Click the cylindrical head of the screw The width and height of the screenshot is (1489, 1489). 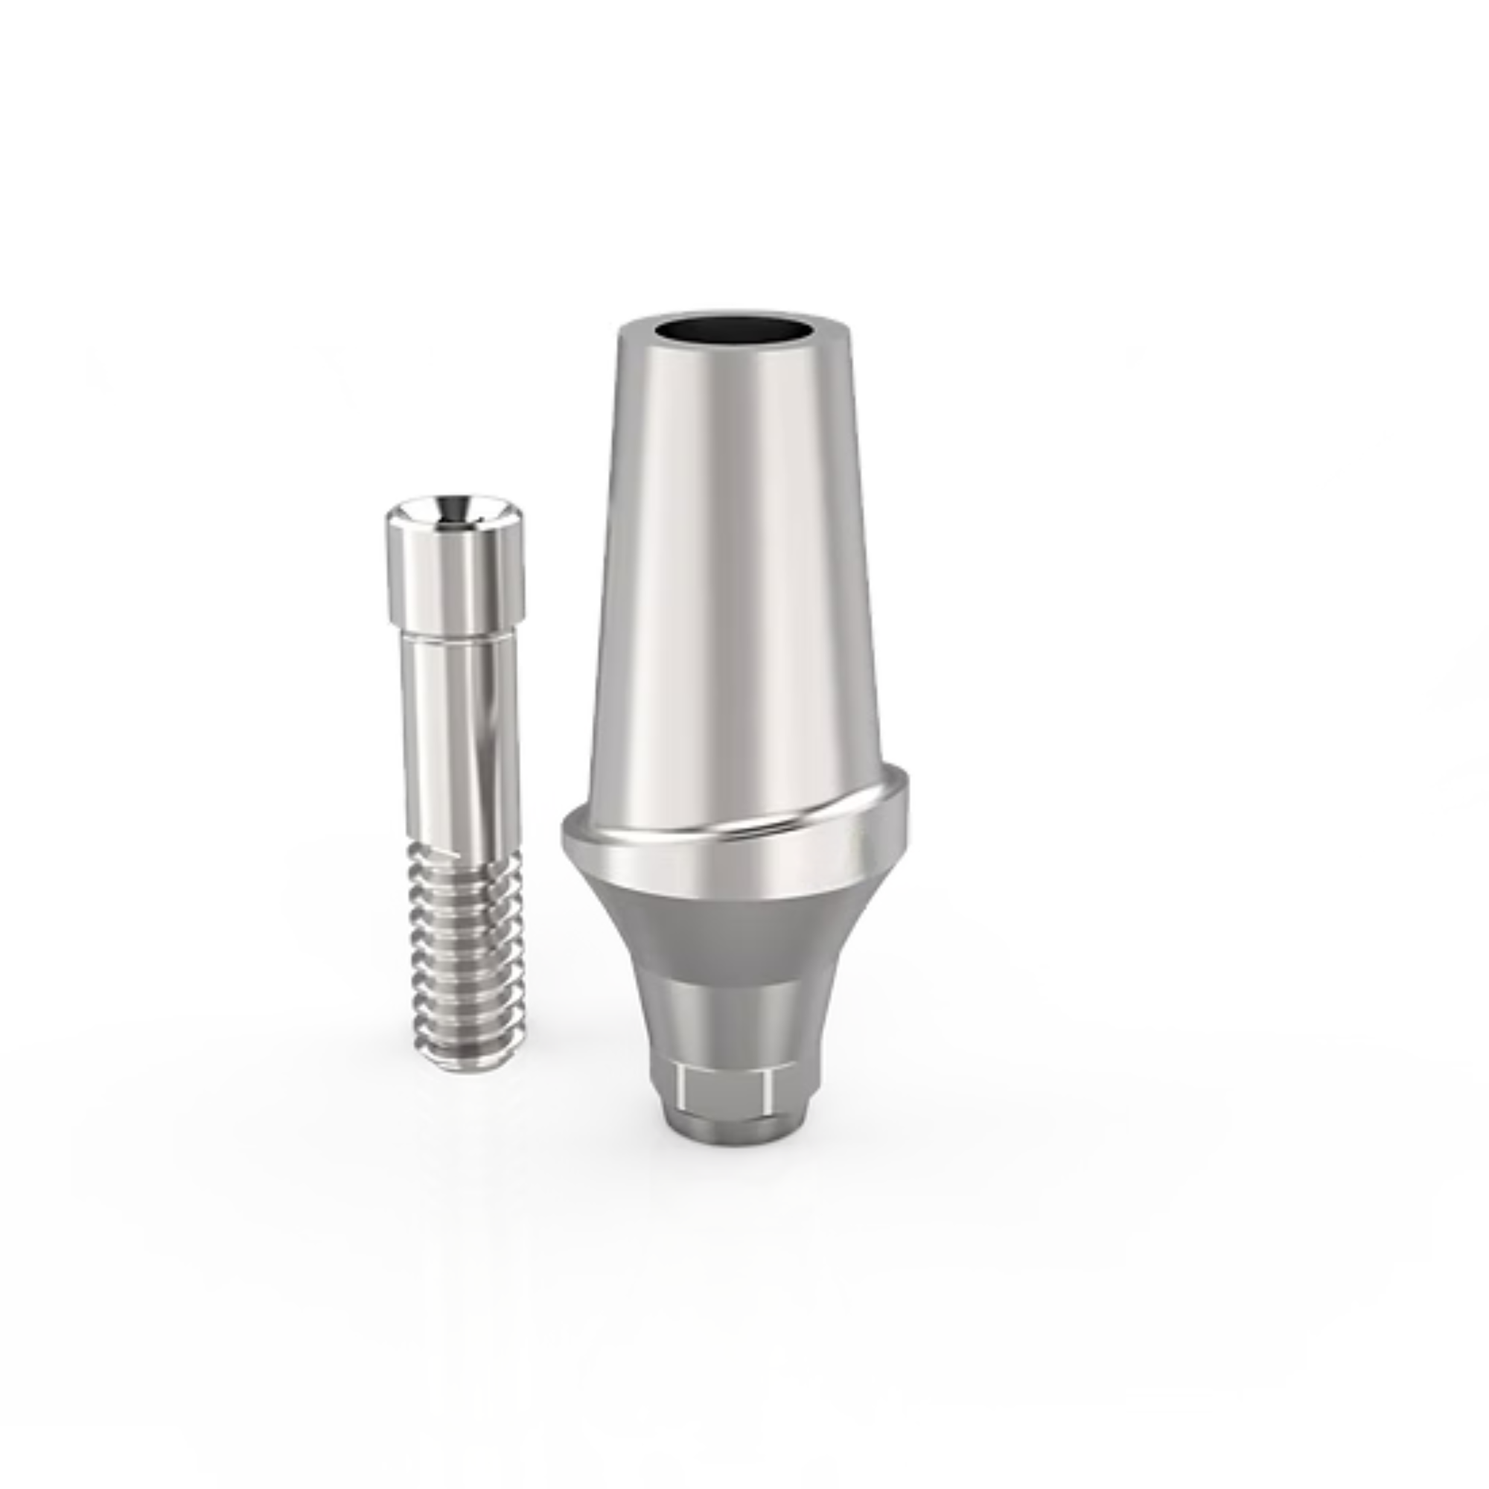point(455,578)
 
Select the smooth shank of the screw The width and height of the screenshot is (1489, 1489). point(460,740)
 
